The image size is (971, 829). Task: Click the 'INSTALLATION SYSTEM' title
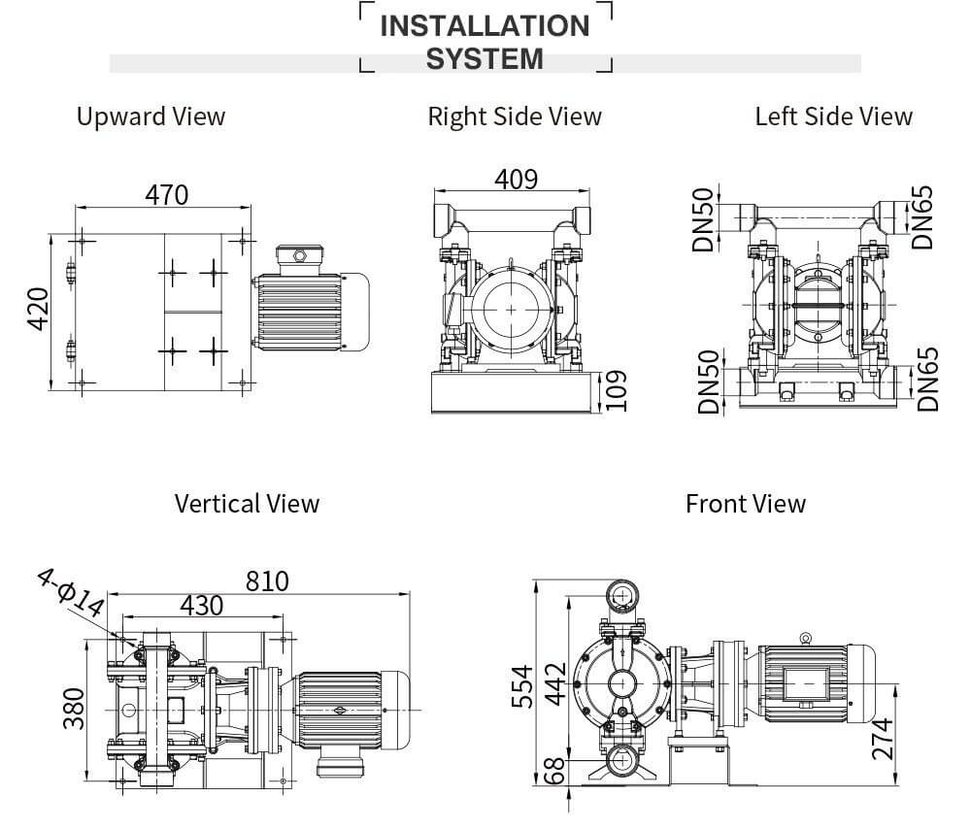(x=485, y=42)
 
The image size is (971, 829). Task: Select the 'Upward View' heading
(x=151, y=116)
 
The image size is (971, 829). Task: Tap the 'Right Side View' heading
(x=515, y=116)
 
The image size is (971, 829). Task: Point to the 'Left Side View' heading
(x=833, y=116)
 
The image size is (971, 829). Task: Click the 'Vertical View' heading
(x=247, y=504)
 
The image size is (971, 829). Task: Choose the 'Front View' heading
(x=745, y=504)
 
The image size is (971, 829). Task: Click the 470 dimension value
(x=167, y=195)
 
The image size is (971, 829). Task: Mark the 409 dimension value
(x=516, y=180)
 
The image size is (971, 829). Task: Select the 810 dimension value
(x=267, y=580)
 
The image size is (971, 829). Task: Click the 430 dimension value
(x=201, y=606)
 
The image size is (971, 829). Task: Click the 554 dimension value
(x=522, y=685)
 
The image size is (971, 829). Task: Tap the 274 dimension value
(x=882, y=740)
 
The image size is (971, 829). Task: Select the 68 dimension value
(x=553, y=773)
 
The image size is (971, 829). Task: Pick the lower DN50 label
(x=710, y=381)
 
